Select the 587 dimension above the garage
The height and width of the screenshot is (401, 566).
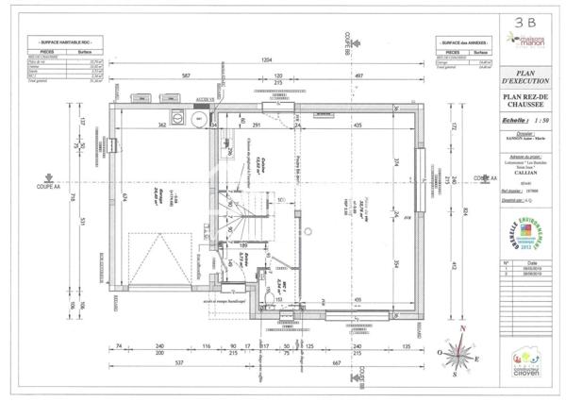(x=187, y=75)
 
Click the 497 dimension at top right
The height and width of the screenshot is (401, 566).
(x=359, y=75)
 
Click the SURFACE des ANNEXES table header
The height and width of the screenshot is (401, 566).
(x=462, y=43)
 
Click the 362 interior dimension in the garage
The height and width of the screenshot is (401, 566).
(x=161, y=124)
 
